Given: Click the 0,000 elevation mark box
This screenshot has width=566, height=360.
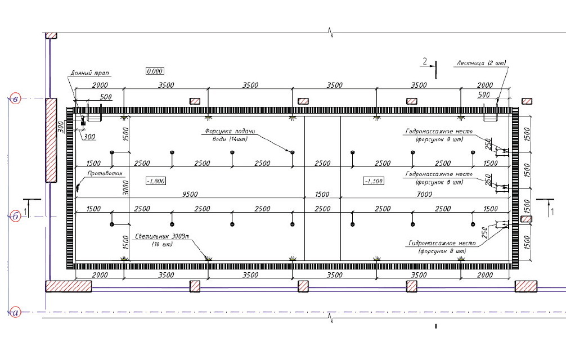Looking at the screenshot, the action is [x=155, y=71].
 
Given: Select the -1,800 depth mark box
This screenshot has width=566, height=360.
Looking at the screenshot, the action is [x=155, y=181].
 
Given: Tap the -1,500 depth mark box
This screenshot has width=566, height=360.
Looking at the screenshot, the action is [x=373, y=181].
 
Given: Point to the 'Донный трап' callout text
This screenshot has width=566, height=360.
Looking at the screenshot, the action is [x=90, y=73].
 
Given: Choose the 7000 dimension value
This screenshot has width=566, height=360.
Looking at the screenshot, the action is [x=425, y=194].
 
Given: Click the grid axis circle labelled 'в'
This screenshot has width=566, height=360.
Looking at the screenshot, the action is [x=16, y=99].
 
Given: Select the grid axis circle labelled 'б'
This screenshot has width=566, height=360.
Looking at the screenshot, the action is [x=16, y=217].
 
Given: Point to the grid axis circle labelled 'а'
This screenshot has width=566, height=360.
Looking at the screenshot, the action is [x=16, y=312].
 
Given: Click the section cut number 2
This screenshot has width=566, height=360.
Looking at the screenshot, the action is [x=425, y=61].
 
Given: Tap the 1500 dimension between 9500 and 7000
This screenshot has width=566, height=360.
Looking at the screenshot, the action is [x=322, y=194].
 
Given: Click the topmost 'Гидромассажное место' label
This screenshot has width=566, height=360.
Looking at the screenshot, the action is [x=441, y=132].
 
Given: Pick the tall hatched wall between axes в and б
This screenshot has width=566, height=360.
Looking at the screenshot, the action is [x=51, y=140].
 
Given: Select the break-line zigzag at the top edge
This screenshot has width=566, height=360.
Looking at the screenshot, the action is [x=331, y=31].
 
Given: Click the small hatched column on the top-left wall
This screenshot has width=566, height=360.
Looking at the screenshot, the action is [x=51, y=35].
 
